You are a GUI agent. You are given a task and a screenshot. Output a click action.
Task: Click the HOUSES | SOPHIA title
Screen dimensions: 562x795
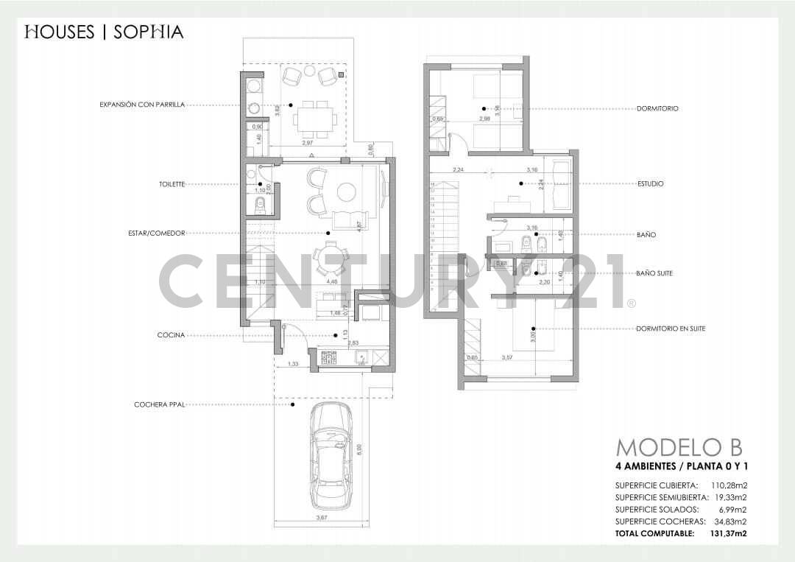(104, 32)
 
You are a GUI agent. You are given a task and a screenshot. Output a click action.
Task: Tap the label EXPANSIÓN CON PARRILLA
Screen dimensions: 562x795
(142, 105)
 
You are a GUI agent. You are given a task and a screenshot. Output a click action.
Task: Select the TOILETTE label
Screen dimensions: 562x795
(171, 184)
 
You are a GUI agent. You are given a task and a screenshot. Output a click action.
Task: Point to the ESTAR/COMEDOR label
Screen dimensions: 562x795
(156, 233)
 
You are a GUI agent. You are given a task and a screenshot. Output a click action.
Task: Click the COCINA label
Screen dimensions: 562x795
(171, 335)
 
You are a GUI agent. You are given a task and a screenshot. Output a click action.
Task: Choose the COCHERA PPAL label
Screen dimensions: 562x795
(159, 404)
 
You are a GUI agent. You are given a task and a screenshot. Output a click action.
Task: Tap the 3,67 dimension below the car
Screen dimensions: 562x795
(322, 519)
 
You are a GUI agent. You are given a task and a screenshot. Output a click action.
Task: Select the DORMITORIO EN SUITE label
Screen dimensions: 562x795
(671, 329)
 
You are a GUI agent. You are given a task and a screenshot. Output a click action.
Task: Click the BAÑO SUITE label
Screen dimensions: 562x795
(654, 273)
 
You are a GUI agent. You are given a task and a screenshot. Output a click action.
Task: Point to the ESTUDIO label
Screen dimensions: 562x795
(650, 184)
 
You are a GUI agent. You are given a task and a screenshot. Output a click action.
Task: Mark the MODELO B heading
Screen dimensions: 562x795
(679, 447)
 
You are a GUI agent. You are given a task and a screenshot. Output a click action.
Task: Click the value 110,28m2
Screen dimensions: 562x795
(729, 485)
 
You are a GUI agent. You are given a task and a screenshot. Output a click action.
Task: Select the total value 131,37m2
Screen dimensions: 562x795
(728, 533)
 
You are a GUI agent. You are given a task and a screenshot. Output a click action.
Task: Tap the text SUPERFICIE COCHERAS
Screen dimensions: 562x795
(657, 521)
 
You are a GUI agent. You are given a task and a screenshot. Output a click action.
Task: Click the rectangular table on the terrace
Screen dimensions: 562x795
(314, 117)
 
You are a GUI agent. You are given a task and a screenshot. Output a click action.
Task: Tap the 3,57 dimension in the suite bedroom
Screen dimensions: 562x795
(506, 358)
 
